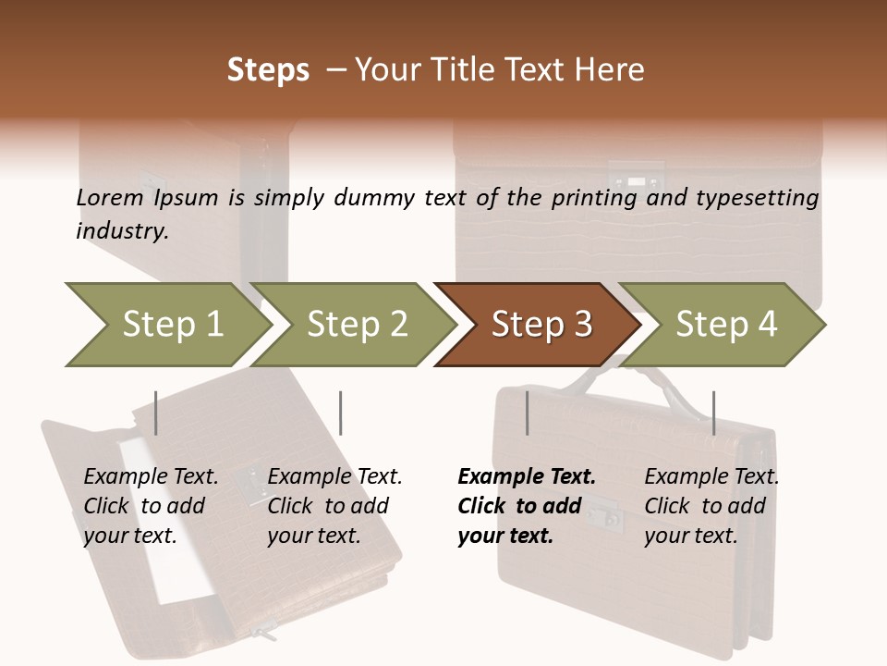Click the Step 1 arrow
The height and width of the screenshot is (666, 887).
pos(166,325)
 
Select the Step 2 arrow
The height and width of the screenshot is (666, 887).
pos(356,325)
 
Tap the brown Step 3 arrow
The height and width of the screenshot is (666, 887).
pos(540,325)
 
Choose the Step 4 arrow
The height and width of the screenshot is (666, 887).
pos(725,325)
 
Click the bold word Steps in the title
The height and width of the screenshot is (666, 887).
pos(268,70)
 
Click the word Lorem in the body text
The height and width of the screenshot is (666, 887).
pos(109,197)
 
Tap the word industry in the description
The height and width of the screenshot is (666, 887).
pos(122,231)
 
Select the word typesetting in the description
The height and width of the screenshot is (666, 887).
pos(757,197)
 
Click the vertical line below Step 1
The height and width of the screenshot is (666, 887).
pos(156,413)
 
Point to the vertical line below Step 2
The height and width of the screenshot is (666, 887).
pos(341,413)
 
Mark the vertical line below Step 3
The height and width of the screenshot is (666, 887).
pos(528,413)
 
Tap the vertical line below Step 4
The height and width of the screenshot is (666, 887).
pos(713,413)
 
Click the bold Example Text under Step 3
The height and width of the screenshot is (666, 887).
pos(527,477)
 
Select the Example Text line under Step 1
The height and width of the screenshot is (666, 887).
pos(151,477)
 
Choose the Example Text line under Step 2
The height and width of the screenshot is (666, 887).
pos(334,477)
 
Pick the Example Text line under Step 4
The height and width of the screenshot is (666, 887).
pos(711,477)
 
